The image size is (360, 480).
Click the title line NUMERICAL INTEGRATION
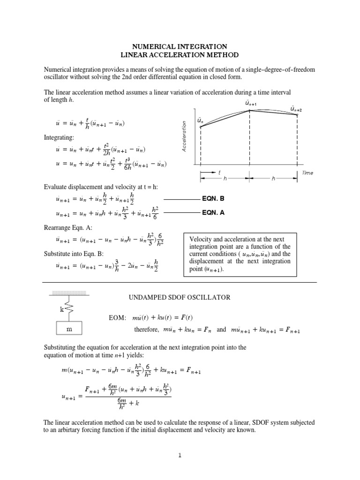pyautogui.click(x=180, y=46)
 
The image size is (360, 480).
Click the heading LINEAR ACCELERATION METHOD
pyautogui.click(x=180, y=55)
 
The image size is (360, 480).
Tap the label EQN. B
pyautogui.click(x=213, y=199)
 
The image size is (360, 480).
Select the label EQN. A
pyautogui.click(x=213, y=212)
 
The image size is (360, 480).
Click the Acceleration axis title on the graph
pyautogui.click(x=184, y=136)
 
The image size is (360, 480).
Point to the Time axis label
pyautogui.click(x=307, y=173)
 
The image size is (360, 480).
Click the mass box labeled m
pyautogui.click(x=69, y=330)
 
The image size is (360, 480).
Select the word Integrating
pyautogui.click(x=58, y=138)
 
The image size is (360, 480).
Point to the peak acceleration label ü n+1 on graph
pyautogui.click(x=250, y=103)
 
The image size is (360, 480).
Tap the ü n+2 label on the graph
pyautogui.click(x=296, y=109)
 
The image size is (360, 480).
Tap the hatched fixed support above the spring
pyautogui.click(x=68, y=294)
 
